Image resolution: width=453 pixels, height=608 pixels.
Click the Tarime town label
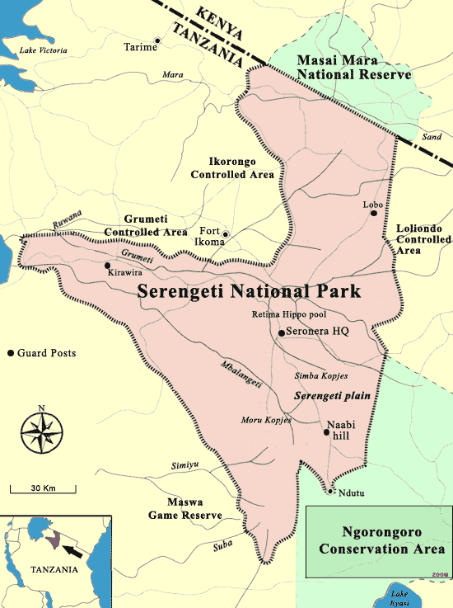tap(139, 46)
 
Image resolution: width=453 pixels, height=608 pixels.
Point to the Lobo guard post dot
tap(374, 213)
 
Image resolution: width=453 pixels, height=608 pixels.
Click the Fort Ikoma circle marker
tap(225, 234)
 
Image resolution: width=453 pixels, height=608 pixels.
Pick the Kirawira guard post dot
tap(108, 266)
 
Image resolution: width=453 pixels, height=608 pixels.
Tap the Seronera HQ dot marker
tap(282, 332)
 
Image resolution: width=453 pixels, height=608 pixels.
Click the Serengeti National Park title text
tap(249, 292)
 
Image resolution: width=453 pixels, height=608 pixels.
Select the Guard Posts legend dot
tap(11, 353)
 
